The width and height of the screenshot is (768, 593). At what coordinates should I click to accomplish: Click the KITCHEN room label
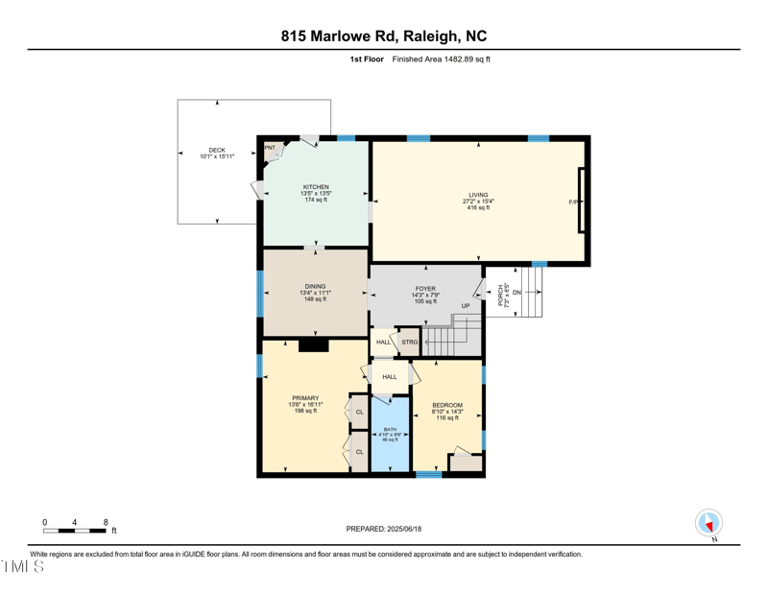316,187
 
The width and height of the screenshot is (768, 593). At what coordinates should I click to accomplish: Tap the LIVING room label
478,196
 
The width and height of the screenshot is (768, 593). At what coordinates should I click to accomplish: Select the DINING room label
315,286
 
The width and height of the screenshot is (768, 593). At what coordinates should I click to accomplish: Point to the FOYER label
425,289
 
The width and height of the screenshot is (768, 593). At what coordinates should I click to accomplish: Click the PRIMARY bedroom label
305,397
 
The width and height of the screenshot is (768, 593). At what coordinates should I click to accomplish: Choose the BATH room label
390,429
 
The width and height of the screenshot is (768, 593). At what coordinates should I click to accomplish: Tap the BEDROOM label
447,405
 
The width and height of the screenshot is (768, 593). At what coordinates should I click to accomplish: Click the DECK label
217,151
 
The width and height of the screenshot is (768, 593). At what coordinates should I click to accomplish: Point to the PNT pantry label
270,148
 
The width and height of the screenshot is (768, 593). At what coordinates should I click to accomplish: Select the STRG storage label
410,342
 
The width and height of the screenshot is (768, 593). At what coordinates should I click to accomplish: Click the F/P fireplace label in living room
573,202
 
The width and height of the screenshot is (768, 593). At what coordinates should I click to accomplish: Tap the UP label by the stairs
466,306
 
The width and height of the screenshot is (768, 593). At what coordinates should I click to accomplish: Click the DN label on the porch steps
516,293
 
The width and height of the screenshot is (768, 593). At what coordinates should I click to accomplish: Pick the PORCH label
502,294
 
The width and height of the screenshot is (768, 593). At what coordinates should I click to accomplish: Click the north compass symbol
708,524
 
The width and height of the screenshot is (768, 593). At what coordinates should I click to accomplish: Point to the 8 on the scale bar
106,522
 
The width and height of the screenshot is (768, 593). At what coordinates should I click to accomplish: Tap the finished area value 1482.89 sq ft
459,59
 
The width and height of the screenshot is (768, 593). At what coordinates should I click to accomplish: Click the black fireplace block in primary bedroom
313,345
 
